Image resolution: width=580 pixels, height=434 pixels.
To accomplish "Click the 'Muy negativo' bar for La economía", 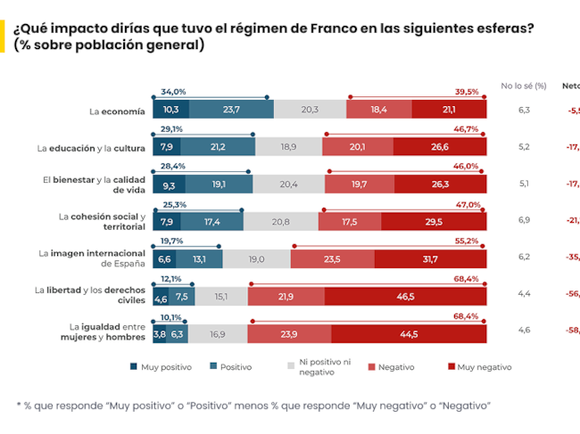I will point(449,109).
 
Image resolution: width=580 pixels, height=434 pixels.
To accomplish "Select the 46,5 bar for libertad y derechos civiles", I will point(410,296).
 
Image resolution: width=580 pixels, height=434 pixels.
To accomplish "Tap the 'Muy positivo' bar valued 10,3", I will point(170,109).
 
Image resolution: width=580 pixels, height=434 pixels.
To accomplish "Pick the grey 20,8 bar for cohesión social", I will point(279,221).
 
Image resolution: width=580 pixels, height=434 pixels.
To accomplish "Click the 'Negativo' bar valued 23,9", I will point(288,334).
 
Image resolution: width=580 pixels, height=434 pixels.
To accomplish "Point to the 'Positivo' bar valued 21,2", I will point(217,146).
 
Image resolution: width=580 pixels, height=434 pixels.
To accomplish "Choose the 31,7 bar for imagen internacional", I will point(430,258).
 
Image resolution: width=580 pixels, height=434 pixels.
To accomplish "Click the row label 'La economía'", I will point(117,111).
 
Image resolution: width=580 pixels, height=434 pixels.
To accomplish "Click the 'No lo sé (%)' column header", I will point(523,86).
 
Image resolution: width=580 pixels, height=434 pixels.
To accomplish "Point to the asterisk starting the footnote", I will point(20,405).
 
